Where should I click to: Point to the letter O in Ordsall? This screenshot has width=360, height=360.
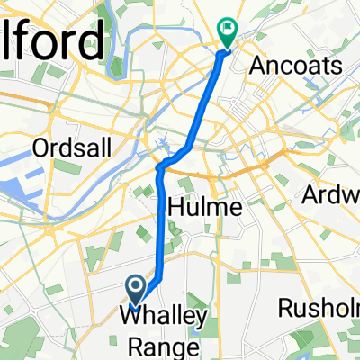pos(39,147)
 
